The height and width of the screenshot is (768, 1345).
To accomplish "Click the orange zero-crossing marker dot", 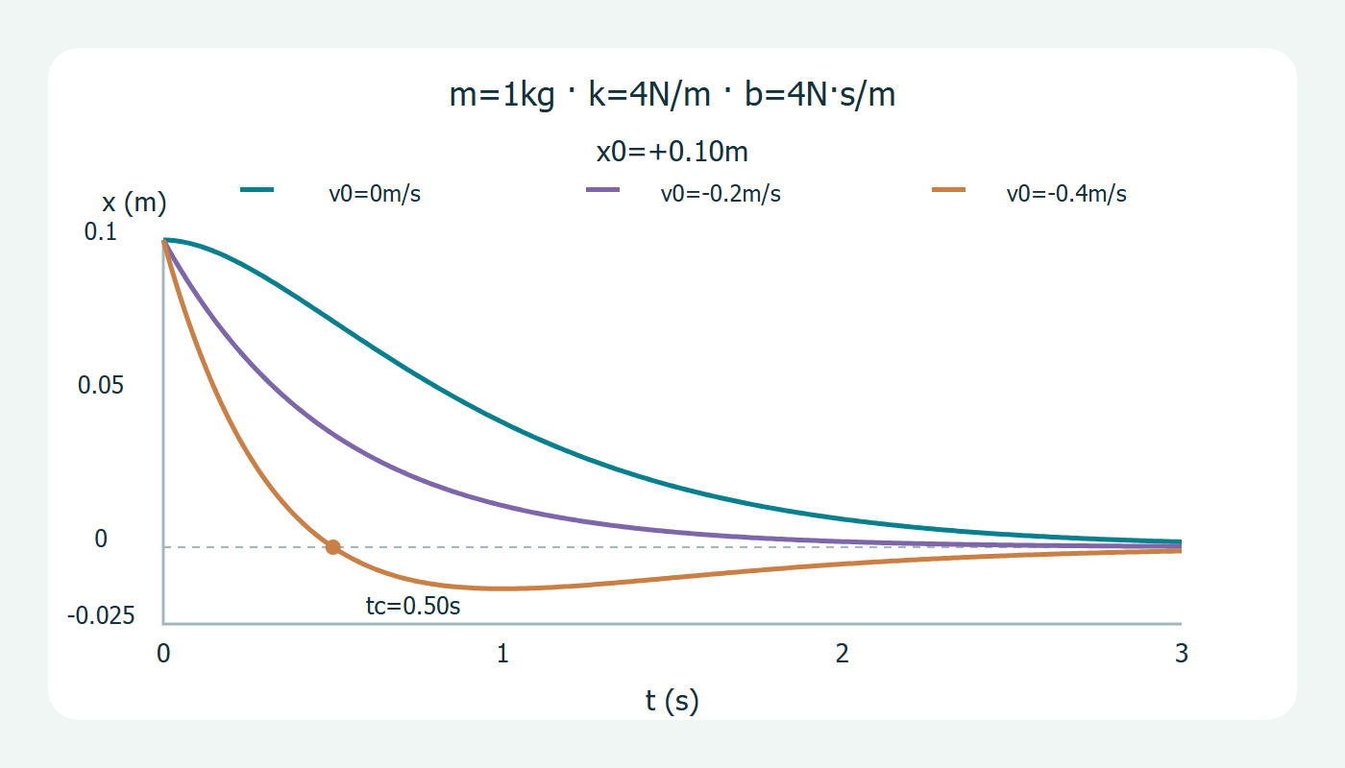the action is click(x=333, y=547).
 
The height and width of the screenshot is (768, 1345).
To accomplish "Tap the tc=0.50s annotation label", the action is click(x=413, y=606).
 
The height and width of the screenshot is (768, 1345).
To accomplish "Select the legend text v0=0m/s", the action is click(x=375, y=194).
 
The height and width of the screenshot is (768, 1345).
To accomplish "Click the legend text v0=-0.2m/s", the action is click(x=721, y=194).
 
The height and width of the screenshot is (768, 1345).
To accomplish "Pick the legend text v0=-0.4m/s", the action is click(x=1066, y=194).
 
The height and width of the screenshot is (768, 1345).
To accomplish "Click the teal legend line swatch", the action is click(x=257, y=190).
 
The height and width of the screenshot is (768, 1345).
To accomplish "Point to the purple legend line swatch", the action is click(x=603, y=190).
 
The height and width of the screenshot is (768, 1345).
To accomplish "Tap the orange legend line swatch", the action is click(x=949, y=190).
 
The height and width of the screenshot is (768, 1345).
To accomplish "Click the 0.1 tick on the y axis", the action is click(x=100, y=231).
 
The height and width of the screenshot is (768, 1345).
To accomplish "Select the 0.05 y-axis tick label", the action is click(x=100, y=385).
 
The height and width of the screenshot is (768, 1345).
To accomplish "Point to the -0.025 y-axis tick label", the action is click(x=101, y=615).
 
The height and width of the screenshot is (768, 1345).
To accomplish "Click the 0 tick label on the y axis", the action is click(x=101, y=539).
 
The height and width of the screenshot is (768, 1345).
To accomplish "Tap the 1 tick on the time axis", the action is click(x=502, y=654).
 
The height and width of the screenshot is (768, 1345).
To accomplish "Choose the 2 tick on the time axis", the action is click(x=842, y=654).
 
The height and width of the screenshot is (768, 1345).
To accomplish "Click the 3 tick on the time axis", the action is click(x=1181, y=654).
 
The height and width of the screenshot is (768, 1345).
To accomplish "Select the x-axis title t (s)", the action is click(x=672, y=700).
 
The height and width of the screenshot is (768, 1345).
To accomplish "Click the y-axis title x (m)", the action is click(x=134, y=203).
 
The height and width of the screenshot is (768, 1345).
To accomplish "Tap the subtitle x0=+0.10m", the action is click(x=672, y=152).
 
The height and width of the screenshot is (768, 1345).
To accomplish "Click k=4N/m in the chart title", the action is click(x=649, y=94).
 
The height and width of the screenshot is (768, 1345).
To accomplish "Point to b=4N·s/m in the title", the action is click(x=820, y=94).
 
